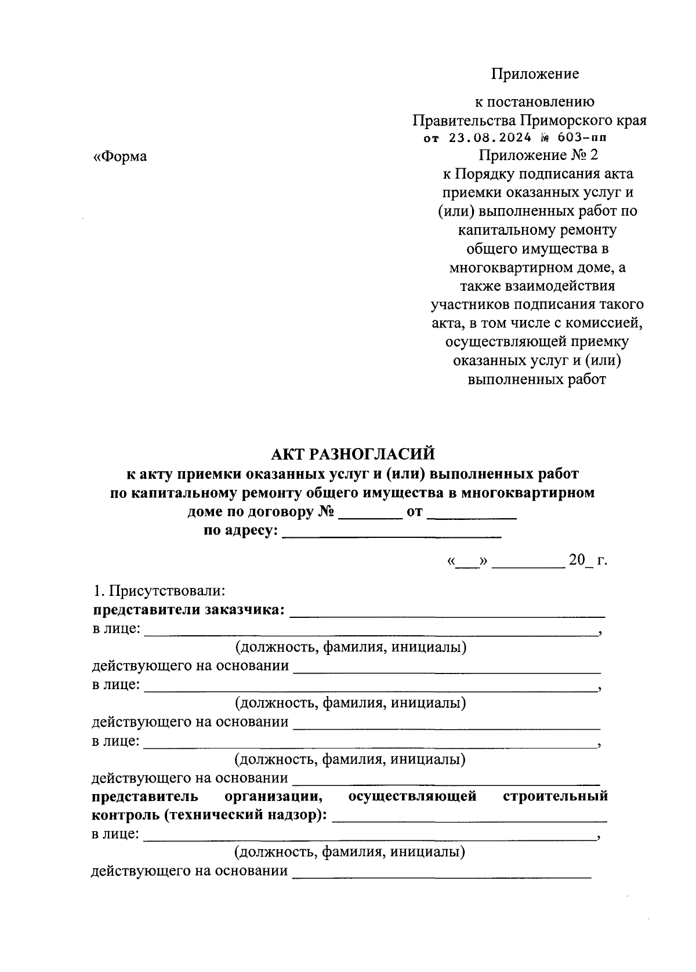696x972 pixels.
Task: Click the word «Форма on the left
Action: (x=120, y=156)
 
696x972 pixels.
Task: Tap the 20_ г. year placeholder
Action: (x=587, y=560)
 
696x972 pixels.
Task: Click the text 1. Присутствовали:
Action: (x=159, y=591)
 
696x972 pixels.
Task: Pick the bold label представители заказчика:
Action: (x=188, y=610)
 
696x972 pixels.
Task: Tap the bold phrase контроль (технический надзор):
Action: (x=209, y=815)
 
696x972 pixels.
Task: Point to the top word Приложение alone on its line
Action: (x=535, y=74)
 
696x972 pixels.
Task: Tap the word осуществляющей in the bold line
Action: (x=412, y=796)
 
